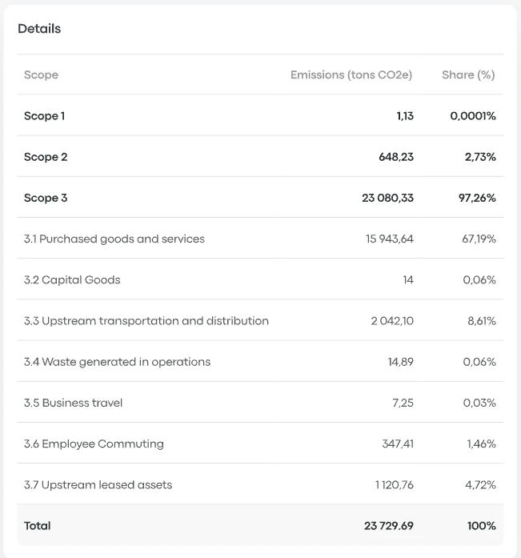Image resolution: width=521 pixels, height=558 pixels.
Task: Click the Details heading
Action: click(x=39, y=29)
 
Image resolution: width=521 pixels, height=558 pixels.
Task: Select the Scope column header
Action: click(x=41, y=75)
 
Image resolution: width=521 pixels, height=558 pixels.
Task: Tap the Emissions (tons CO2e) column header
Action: click(x=351, y=75)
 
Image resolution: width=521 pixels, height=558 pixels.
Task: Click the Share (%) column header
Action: click(x=468, y=75)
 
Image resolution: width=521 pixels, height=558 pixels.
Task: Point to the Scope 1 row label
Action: click(x=44, y=116)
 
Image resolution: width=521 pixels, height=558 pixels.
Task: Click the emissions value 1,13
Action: click(x=404, y=116)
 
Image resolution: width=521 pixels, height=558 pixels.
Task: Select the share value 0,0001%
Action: click(x=472, y=116)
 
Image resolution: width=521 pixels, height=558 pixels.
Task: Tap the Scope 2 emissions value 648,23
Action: click(x=396, y=157)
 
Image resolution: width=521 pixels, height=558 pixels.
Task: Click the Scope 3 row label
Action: click(x=46, y=198)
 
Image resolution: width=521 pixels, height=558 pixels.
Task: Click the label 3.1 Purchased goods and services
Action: click(x=114, y=239)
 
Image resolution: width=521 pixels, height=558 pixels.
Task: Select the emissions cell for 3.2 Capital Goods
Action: click(x=407, y=280)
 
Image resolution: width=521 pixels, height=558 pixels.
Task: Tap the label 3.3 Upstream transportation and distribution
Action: click(x=146, y=321)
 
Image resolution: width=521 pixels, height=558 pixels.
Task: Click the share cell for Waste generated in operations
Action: click(x=479, y=362)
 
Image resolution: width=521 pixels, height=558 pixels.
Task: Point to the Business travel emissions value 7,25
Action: click(x=403, y=403)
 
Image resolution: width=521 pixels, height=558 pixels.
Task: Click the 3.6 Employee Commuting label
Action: click(x=94, y=444)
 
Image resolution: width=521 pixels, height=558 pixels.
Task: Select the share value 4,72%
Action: click(x=480, y=484)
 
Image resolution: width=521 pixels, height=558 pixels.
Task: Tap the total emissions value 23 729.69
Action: click(x=388, y=526)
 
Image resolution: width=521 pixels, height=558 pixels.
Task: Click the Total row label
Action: click(x=38, y=526)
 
